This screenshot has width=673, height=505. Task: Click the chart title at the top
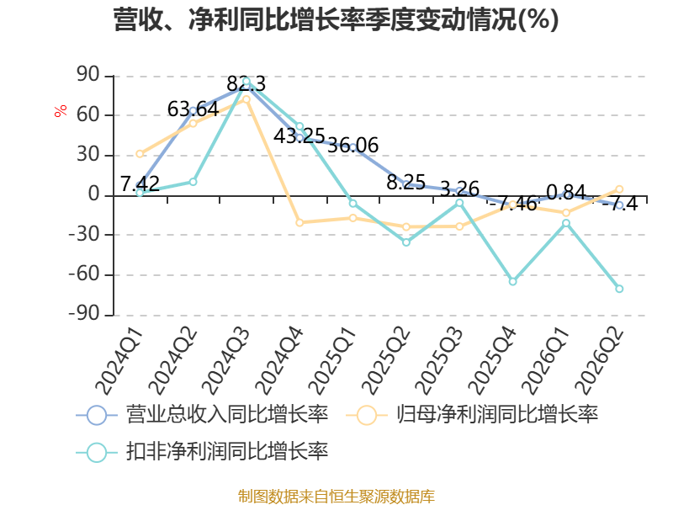(336, 19)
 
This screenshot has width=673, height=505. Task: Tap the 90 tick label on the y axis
(88, 75)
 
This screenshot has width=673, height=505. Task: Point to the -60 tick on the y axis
(84, 274)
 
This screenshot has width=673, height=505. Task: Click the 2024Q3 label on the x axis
(225, 361)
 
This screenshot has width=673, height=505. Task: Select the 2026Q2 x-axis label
(600, 361)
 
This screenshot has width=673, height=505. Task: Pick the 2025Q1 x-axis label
(332, 361)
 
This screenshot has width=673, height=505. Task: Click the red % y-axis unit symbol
(61, 111)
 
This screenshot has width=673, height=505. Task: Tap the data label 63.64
(193, 109)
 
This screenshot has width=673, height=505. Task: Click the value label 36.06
(352, 145)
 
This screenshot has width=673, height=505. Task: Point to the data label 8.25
(406, 183)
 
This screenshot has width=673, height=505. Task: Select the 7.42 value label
(140, 184)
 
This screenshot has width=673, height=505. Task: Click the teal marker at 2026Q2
(619, 289)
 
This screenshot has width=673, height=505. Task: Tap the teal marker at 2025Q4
(512, 282)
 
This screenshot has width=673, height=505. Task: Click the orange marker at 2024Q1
(140, 154)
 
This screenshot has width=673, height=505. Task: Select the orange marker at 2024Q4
(299, 223)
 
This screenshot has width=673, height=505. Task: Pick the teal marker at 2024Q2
(193, 182)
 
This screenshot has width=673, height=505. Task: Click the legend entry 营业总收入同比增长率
(202, 415)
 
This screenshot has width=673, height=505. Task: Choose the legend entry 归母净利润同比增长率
(472, 415)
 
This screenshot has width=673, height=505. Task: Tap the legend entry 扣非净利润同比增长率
(202, 452)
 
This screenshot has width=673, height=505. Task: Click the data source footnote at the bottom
(336, 497)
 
